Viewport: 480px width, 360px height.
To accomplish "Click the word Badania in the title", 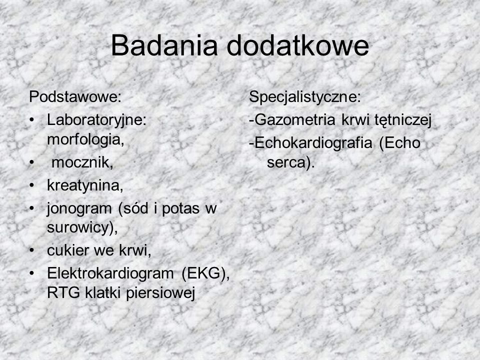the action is click(x=164, y=45).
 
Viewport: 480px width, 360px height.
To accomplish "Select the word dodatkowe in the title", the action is click(x=298, y=45).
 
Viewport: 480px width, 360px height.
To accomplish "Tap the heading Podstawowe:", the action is click(x=75, y=96).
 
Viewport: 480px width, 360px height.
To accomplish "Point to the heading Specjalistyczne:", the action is click(x=305, y=97).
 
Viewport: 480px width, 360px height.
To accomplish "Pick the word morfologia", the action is click(x=85, y=140).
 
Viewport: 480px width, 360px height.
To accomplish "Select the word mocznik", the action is click(x=82, y=162).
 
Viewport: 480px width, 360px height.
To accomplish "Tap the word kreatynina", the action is click(x=85, y=185).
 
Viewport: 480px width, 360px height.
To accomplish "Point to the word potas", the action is click(x=180, y=209).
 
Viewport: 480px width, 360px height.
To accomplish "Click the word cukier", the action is click(x=68, y=250).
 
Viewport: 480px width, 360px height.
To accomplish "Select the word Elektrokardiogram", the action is click(x=110, y=273).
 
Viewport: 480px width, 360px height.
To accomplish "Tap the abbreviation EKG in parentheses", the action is click(x=205, y=273).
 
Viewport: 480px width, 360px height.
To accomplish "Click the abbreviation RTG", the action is click(x=63, y=293).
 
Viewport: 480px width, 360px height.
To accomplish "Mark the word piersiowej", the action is click(x=160, y=293).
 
